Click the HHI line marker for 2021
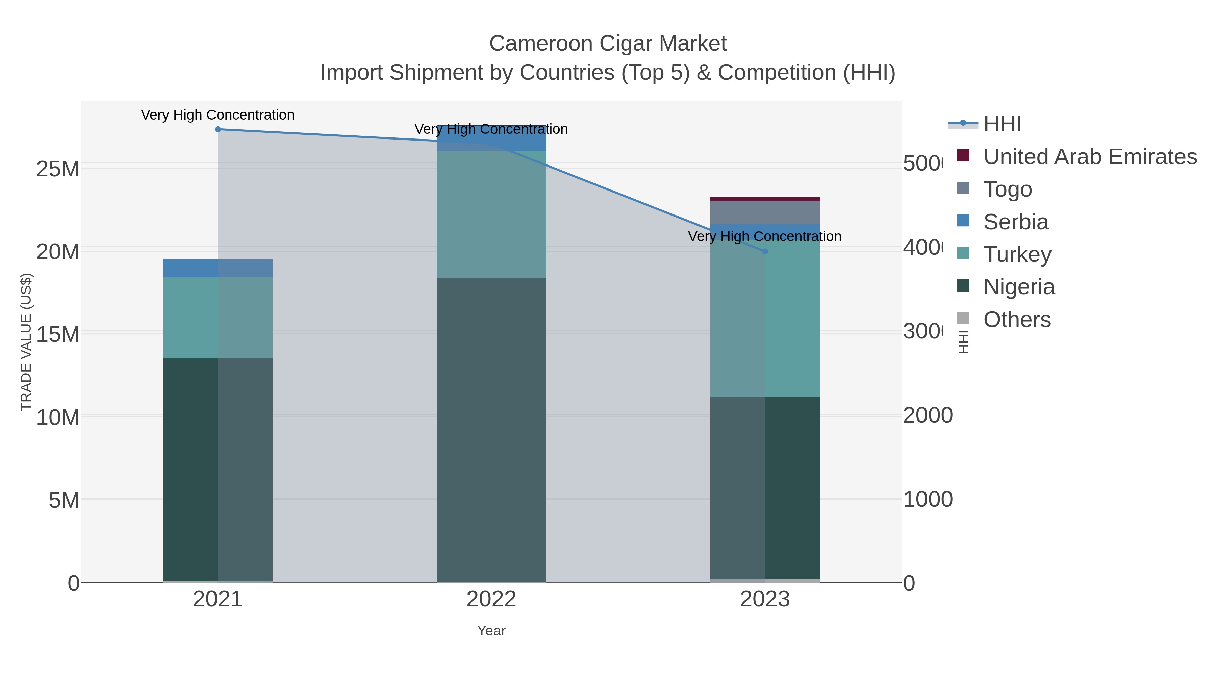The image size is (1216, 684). [x=218, y=129]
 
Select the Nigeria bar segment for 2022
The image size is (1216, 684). [x=491, y=430]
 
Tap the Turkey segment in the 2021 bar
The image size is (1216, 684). [x=218, y=318]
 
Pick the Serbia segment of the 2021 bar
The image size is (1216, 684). [x=218, y=268]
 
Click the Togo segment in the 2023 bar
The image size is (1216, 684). [x=765, y=212]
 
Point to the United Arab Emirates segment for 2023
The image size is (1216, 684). [x=765, y=199]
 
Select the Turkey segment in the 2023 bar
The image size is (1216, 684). [x=765, y=319]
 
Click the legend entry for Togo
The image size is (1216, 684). [x=1007, y=189]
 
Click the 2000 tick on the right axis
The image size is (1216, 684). [x=928, y=416]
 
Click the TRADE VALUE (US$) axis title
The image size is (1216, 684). [x=26, y=342]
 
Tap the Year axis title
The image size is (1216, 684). [x=491, y=631]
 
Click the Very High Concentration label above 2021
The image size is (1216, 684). [x=218, y=115]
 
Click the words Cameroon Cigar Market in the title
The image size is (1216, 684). [x=608, y=44]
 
